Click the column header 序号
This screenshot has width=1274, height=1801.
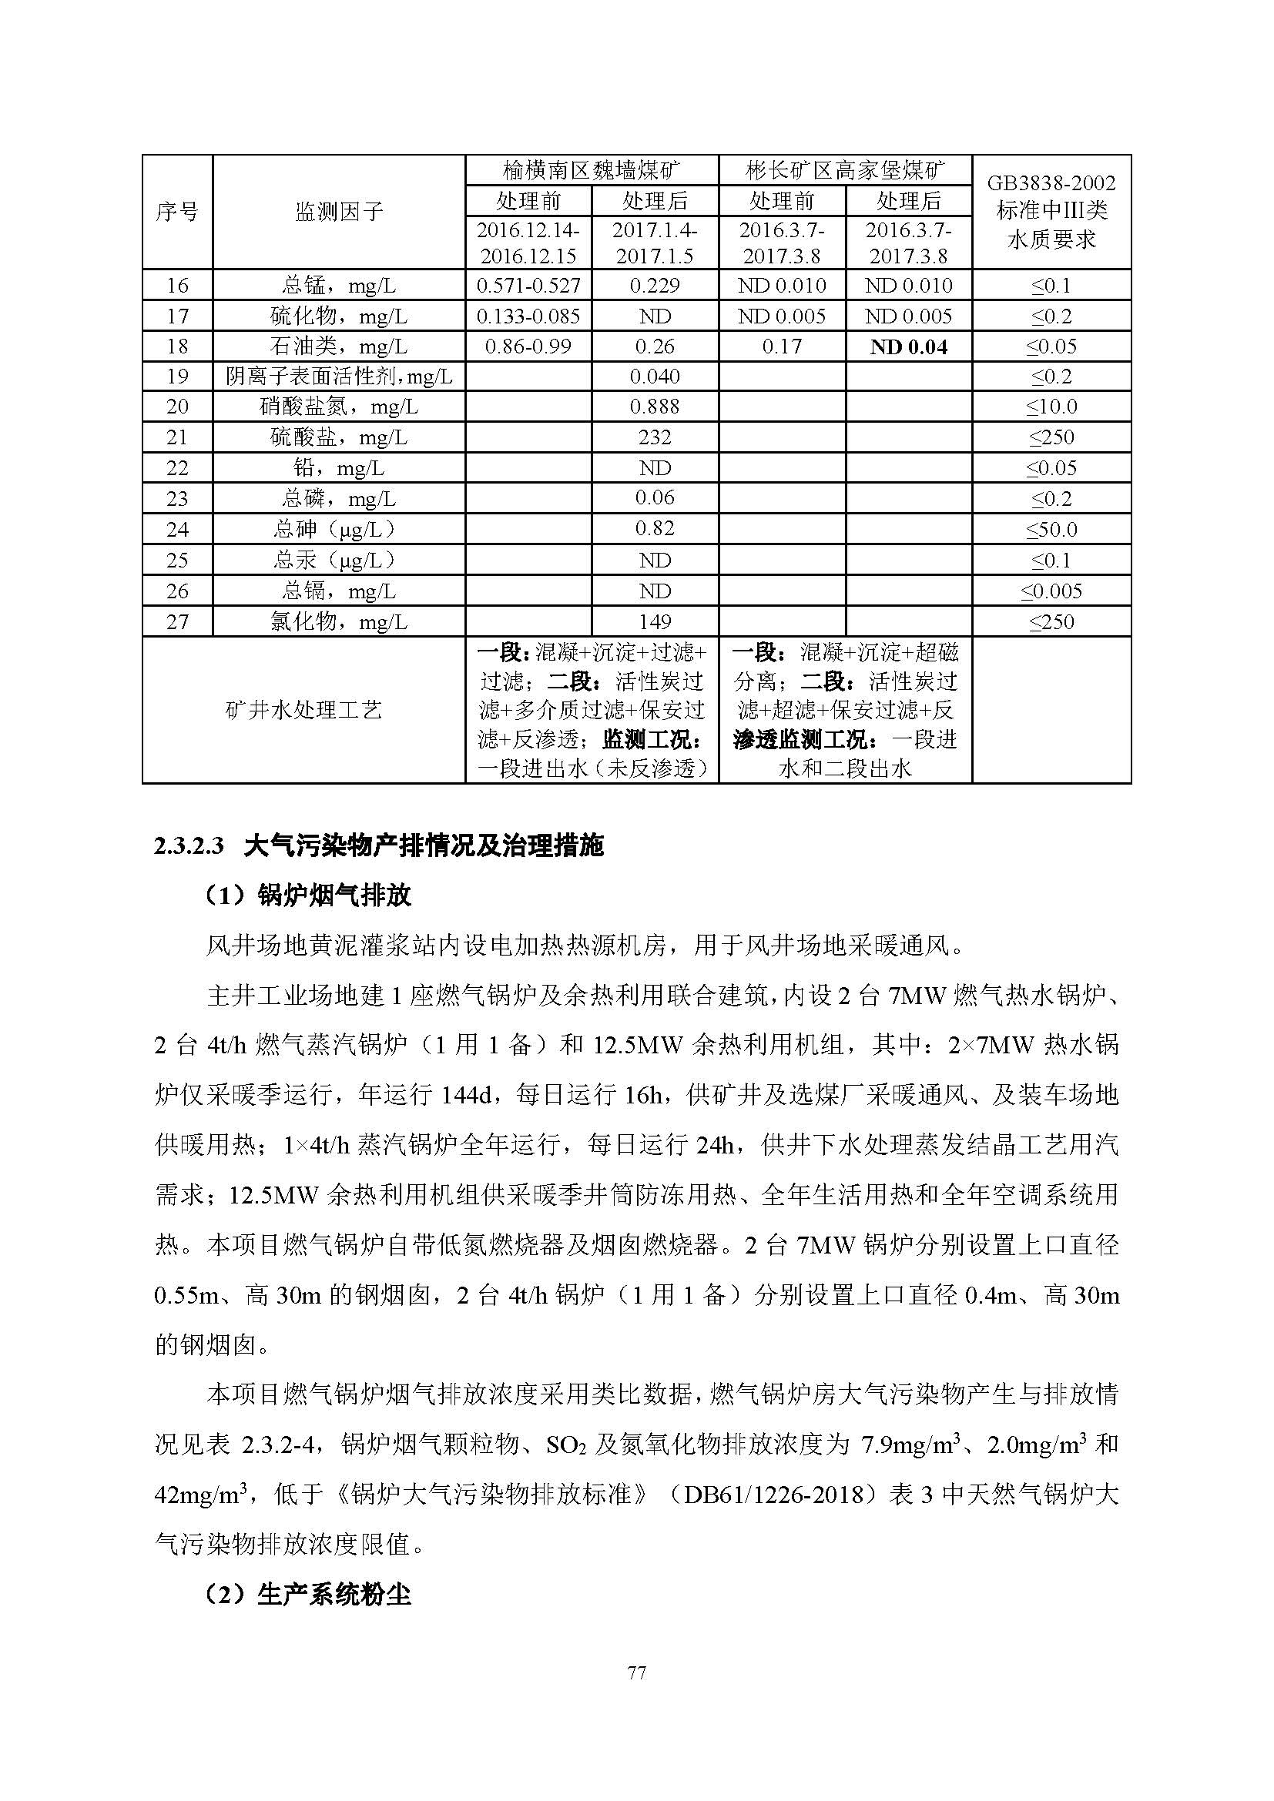176,212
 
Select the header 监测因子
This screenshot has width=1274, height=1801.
338,212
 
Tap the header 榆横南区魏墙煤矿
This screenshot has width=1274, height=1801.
592,170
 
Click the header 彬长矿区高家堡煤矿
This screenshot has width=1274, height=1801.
845,170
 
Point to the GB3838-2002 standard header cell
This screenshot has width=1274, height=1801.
1051,212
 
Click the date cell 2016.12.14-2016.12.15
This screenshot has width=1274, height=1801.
528,243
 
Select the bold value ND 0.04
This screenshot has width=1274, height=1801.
908,346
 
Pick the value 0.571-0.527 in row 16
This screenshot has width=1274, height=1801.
528,286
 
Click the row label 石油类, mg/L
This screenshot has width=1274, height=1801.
338,346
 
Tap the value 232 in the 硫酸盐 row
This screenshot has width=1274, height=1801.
654,437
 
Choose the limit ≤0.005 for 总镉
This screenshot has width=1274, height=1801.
1051,591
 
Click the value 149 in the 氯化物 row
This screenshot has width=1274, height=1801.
654,622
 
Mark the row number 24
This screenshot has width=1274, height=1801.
177,530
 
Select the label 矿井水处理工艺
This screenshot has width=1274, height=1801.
303,711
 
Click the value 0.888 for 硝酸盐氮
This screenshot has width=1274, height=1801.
654,407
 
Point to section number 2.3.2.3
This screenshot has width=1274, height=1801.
189,847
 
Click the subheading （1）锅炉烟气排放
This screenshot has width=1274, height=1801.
307,895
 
